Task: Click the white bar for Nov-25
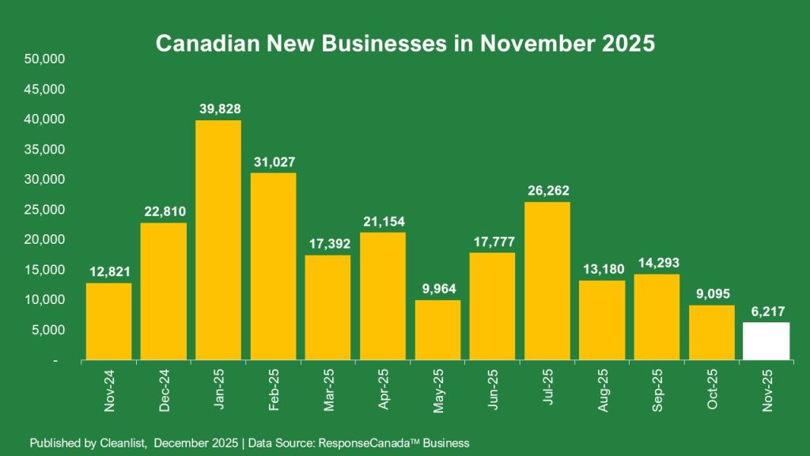coord(766,341)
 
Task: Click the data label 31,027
coord(273,162)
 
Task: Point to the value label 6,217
coord(766,311)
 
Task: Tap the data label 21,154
coord(382,222)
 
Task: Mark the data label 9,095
coord(711,294)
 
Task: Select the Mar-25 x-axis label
coord(327,390)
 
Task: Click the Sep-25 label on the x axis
coord(657,390)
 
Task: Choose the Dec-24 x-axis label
coord(164,390)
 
